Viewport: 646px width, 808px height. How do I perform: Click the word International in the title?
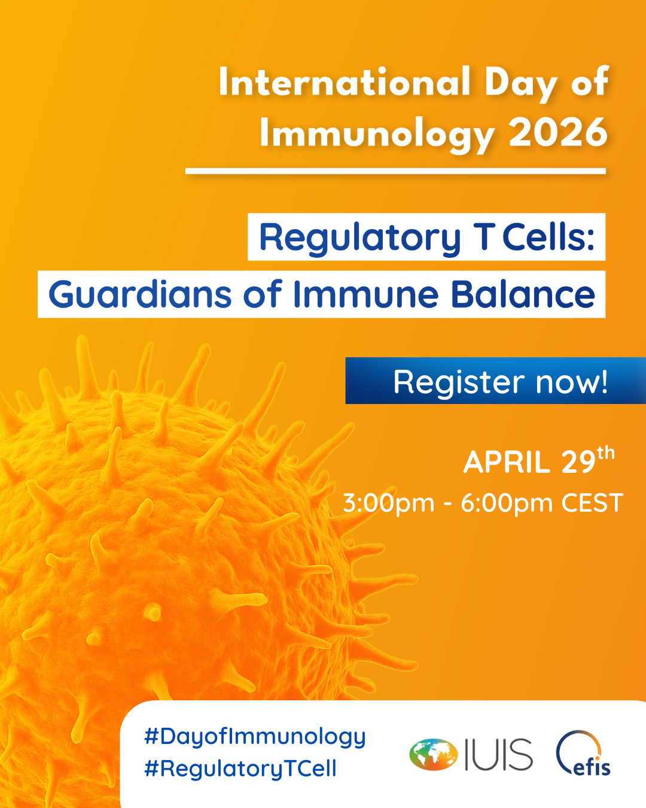click(344, 82)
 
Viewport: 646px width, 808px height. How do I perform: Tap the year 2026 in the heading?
click(558, 133)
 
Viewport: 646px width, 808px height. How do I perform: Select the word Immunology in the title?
click(377, 135)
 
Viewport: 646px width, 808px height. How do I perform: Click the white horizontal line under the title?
click(395, 171)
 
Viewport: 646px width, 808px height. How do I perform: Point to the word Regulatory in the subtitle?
click(359, 239)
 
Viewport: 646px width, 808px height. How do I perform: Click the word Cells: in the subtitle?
click(549, 237)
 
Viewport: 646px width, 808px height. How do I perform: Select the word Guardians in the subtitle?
click(140, 294)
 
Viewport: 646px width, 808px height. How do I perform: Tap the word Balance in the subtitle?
click(523, 294)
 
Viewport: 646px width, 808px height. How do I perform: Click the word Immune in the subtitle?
click(366, 294)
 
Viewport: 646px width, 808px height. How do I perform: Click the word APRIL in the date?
click(507, 462)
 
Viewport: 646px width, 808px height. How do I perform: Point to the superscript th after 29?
click(606, 453)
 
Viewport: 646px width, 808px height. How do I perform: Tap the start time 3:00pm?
click(389, 504)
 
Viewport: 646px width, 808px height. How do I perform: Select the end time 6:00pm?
click(507, 504)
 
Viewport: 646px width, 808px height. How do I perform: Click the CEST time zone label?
click(592, 503)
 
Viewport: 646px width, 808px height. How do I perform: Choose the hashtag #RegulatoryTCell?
click(240, 769)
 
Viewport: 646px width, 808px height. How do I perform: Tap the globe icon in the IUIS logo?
click(434, 755)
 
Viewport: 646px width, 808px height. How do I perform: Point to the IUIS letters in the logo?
click(499, 755)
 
